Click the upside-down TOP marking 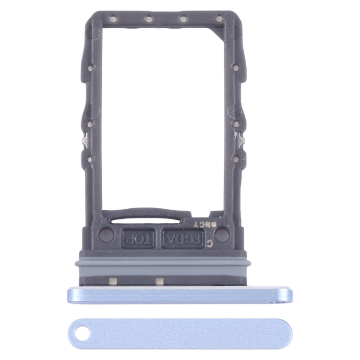(136, 237)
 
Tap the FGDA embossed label (183, 238)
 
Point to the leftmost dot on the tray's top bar (113, 20)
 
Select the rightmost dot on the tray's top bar (219, 20)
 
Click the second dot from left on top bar (148, 20)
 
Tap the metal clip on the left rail (84, 141)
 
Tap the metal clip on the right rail (243, 140)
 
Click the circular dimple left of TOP (106, 235)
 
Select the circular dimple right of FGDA (222, 235)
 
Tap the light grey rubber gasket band (163, 264)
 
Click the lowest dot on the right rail (236, 158)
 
